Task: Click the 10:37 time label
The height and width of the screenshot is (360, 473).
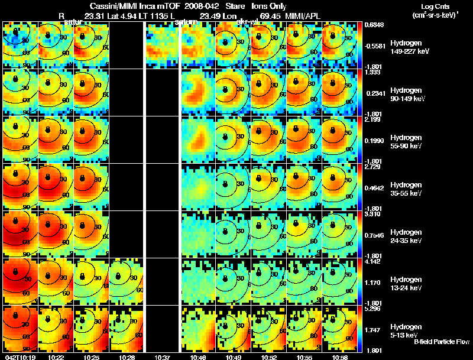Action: click(x=162, y=357)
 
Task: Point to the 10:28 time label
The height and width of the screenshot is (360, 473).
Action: click(x=127, y=357)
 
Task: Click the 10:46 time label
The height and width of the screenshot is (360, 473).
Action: click(x=197, y=357)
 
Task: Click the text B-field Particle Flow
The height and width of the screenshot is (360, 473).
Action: click(x=442, y=341)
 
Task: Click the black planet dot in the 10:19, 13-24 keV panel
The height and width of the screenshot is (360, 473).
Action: click(x=16, y=272)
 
